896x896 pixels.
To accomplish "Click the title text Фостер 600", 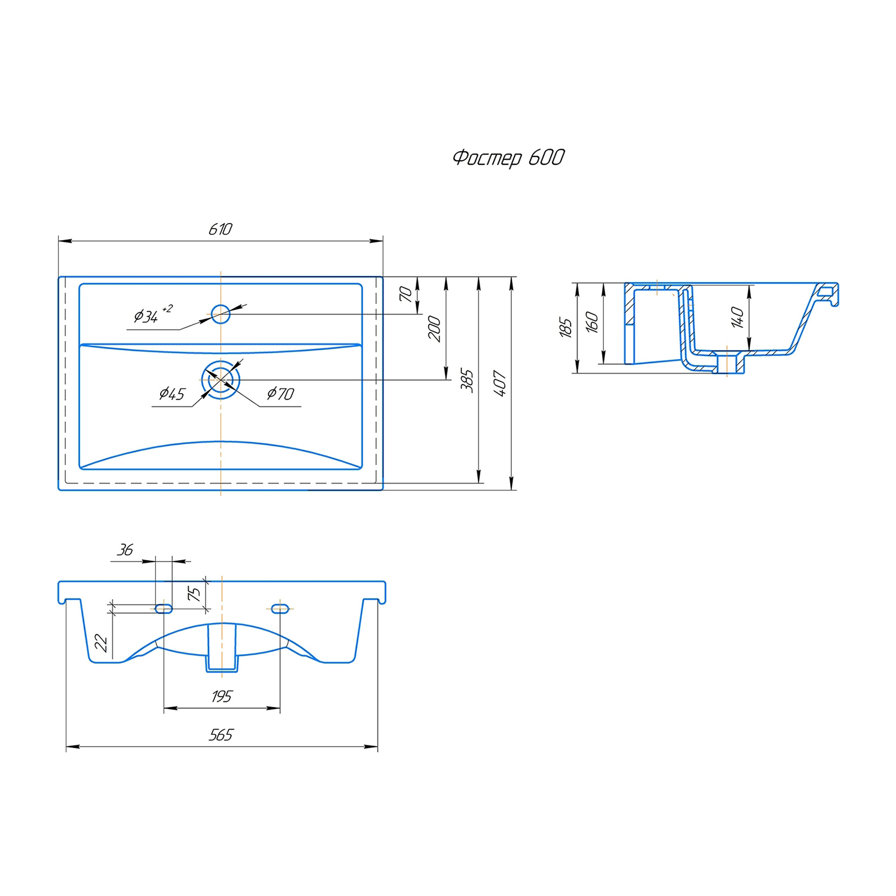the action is [508, 158].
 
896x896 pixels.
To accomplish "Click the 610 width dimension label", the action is [220, 229].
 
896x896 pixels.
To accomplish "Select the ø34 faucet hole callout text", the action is [153, 314].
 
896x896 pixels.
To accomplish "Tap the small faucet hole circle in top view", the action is [220, 314].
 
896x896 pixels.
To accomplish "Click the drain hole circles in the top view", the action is [220, 379].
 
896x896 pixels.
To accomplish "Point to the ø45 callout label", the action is [172, 394].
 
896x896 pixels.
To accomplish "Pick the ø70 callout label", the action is [280, 394].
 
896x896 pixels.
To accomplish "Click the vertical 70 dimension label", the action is [406, 294].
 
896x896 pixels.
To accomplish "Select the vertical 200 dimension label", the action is [434, 329].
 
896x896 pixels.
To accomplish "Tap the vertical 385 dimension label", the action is [467, 381].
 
